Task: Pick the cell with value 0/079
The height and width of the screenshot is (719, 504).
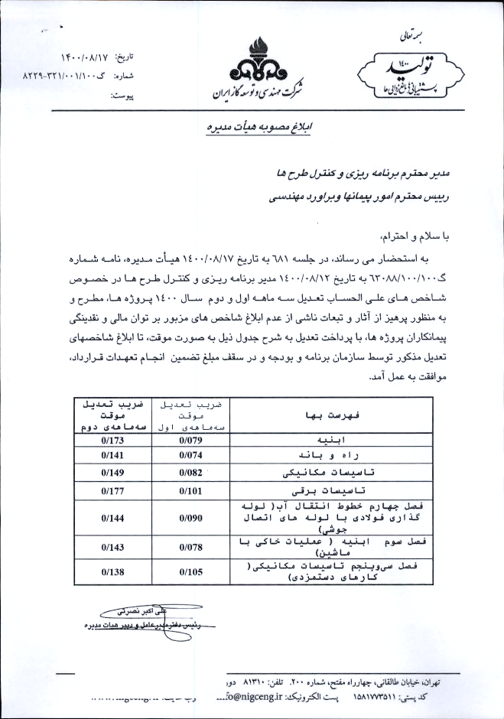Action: (190, 441)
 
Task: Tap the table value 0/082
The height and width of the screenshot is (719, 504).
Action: (190, 473)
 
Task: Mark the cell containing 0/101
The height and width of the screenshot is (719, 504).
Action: (190, 491)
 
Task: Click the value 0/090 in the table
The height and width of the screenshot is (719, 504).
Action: (190, 518)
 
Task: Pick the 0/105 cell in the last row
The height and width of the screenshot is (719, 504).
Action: (190, 571)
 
